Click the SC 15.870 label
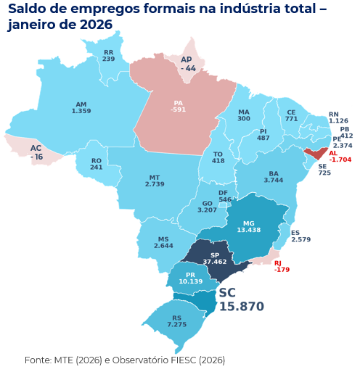[240, 299]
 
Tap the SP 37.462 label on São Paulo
[214, 257]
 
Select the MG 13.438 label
[249, 226]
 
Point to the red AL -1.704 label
[339, 156]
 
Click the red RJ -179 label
[282, 266]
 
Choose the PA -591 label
[178, 106]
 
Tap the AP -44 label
[187, 63]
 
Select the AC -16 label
[36, 152]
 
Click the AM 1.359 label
[81, 107]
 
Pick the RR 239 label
[108, 55]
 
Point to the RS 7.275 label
[176, 321]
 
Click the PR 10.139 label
[190, 278]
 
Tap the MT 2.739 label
[154, 181]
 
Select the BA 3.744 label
[273, 177]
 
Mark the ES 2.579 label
[300, 236]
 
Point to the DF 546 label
[224, 196]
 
